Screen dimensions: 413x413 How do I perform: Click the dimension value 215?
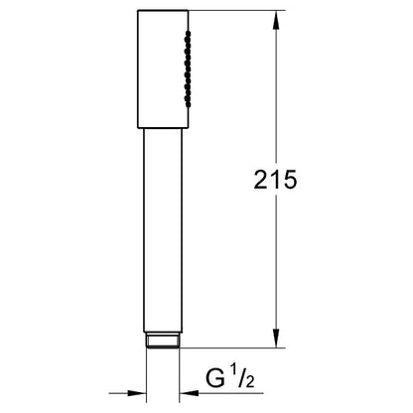pos(275,180)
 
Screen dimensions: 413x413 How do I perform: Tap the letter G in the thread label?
pos(215,378)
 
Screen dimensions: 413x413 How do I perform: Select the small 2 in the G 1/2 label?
pos(249,381)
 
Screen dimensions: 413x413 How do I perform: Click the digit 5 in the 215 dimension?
pos(290,180)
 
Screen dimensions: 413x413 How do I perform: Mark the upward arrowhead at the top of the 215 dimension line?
pos(276,20)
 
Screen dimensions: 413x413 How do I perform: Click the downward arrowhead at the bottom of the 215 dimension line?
pos(276,339)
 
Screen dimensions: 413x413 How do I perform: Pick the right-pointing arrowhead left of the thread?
pos(137,393)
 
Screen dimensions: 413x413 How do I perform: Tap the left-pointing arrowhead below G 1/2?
pos(189,393)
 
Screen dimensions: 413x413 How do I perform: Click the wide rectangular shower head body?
pos(163,69)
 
